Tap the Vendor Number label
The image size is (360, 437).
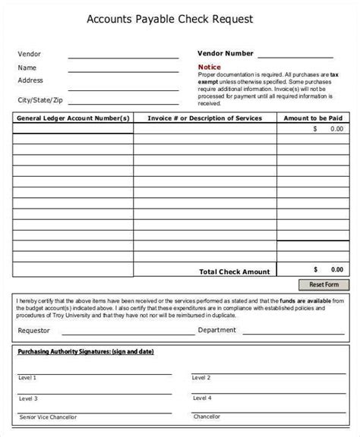click(x=226, y=54)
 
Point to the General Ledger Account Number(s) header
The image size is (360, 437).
click(x=73, y=118)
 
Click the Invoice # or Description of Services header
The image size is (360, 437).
click(x=205, y=118)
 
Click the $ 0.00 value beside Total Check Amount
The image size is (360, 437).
click(x=328, y=269)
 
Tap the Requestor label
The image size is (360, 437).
click(x=33, y=331)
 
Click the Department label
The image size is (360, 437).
click(x=219, y=330)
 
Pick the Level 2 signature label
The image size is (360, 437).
click(x=201, y=377)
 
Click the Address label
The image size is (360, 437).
click(x=30, y=80)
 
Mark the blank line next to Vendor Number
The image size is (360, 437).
click(x=295, y=55)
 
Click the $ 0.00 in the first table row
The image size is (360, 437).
click(x=328, y=129)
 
